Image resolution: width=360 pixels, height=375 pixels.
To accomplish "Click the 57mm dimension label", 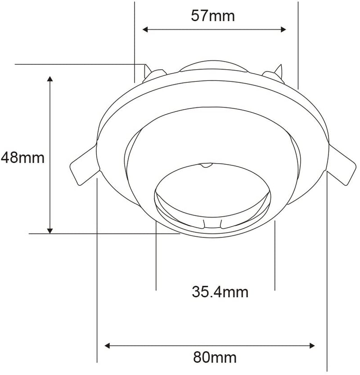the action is click(213, 16).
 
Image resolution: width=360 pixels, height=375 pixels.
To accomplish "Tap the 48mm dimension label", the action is click(23, 158).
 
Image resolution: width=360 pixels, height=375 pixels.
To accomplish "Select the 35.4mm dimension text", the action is click(220, 292).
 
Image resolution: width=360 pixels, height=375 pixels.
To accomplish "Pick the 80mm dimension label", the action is click(215, 357).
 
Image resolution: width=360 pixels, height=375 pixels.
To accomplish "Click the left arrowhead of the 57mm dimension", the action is click(145, 30).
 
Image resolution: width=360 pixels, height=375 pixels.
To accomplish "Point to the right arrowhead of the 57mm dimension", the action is click(283, 30).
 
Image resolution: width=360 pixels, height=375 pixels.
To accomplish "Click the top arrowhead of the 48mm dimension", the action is click(50, 79).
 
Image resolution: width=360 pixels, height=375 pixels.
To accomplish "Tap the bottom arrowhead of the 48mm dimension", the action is click(50, 231).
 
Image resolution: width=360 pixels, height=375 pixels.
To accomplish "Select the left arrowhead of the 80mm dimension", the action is click(108, 346).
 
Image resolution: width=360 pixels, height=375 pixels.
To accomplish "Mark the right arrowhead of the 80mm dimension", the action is click(312, 346).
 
